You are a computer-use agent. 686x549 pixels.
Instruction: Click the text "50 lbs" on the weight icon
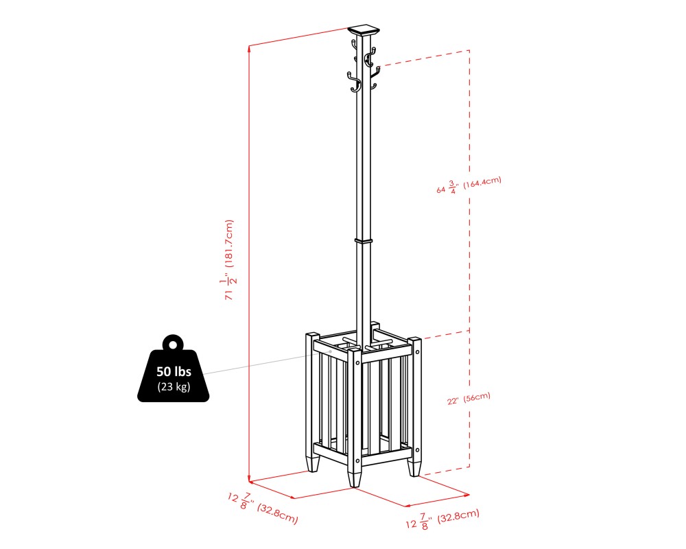(173, 371)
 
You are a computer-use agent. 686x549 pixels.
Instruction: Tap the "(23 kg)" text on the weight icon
(173, 387)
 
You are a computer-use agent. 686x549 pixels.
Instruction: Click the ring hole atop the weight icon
(173, 344)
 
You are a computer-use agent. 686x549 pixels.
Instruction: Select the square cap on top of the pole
(364, 31)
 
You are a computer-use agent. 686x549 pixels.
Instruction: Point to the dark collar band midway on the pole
(363, 241)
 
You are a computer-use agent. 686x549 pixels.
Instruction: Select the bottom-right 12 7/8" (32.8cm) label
(442, 519)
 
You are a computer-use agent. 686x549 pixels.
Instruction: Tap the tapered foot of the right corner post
(414, 467)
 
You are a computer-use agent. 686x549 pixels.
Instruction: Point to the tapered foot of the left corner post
(313, 464)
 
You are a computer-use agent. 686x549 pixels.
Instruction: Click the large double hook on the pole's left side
(353, 84)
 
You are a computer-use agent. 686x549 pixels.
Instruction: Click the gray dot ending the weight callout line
(331, 351)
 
